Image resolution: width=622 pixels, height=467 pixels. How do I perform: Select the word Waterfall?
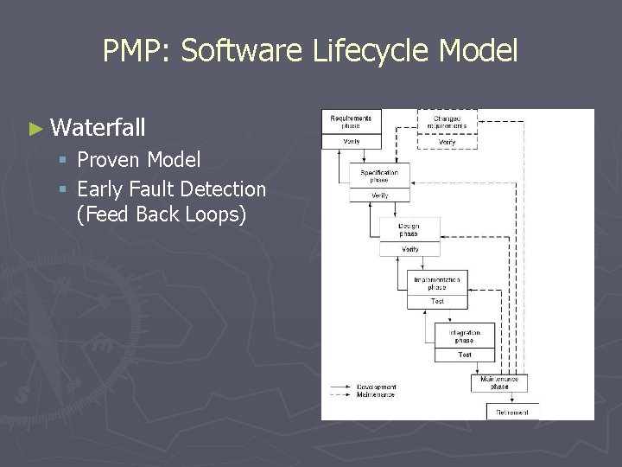(x=98, y=129)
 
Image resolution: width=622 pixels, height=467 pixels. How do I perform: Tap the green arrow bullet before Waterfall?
(x=35, y=129)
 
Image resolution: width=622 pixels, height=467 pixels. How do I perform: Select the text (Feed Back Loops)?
(x=161, y=214)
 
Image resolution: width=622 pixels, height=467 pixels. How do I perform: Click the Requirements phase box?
(x=351, y=122)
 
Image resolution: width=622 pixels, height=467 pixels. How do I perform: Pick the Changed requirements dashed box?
(x=447, y=121)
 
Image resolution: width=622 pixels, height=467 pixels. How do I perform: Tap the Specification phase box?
(x=379, y=176)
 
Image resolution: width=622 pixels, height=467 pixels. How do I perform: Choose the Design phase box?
(x=409, y=230)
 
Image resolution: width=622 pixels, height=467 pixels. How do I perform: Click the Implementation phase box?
(x=437, y=283)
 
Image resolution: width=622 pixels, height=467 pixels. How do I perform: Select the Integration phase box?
(x=465, y=336)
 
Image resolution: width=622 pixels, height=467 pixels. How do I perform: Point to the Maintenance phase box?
(x=499, y=382)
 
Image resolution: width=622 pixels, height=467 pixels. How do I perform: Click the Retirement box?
(x=512, y=412)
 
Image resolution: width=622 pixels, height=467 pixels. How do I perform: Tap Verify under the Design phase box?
(x=409, y=249)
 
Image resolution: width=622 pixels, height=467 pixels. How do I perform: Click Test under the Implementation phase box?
(x=437, y=301)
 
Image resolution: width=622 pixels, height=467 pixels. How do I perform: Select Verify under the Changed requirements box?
(x=447, y=141)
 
